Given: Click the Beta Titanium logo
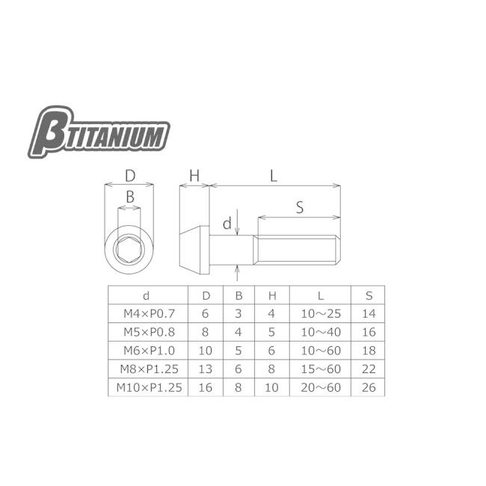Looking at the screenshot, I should pos(99,132).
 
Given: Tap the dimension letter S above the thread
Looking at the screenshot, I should pos(299,209).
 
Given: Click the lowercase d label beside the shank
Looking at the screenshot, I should pos(227,223).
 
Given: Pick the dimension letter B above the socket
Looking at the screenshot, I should pos(129,197).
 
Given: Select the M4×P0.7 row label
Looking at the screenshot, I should pos(147,313).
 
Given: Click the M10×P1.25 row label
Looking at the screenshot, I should pos(147,387).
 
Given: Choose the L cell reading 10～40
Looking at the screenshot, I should pos(321,331).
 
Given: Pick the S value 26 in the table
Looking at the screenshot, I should pos(369,387).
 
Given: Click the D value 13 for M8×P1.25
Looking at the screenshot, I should pos(206,369).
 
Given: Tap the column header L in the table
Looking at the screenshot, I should pos(321,295).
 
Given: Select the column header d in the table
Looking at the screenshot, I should pos(147,295).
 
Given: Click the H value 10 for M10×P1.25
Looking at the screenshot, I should pos(271,387).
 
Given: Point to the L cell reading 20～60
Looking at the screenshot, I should pos(321,387).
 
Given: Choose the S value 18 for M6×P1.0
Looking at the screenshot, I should pos(369,350).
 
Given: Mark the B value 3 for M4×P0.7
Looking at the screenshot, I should pos(239,313).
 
